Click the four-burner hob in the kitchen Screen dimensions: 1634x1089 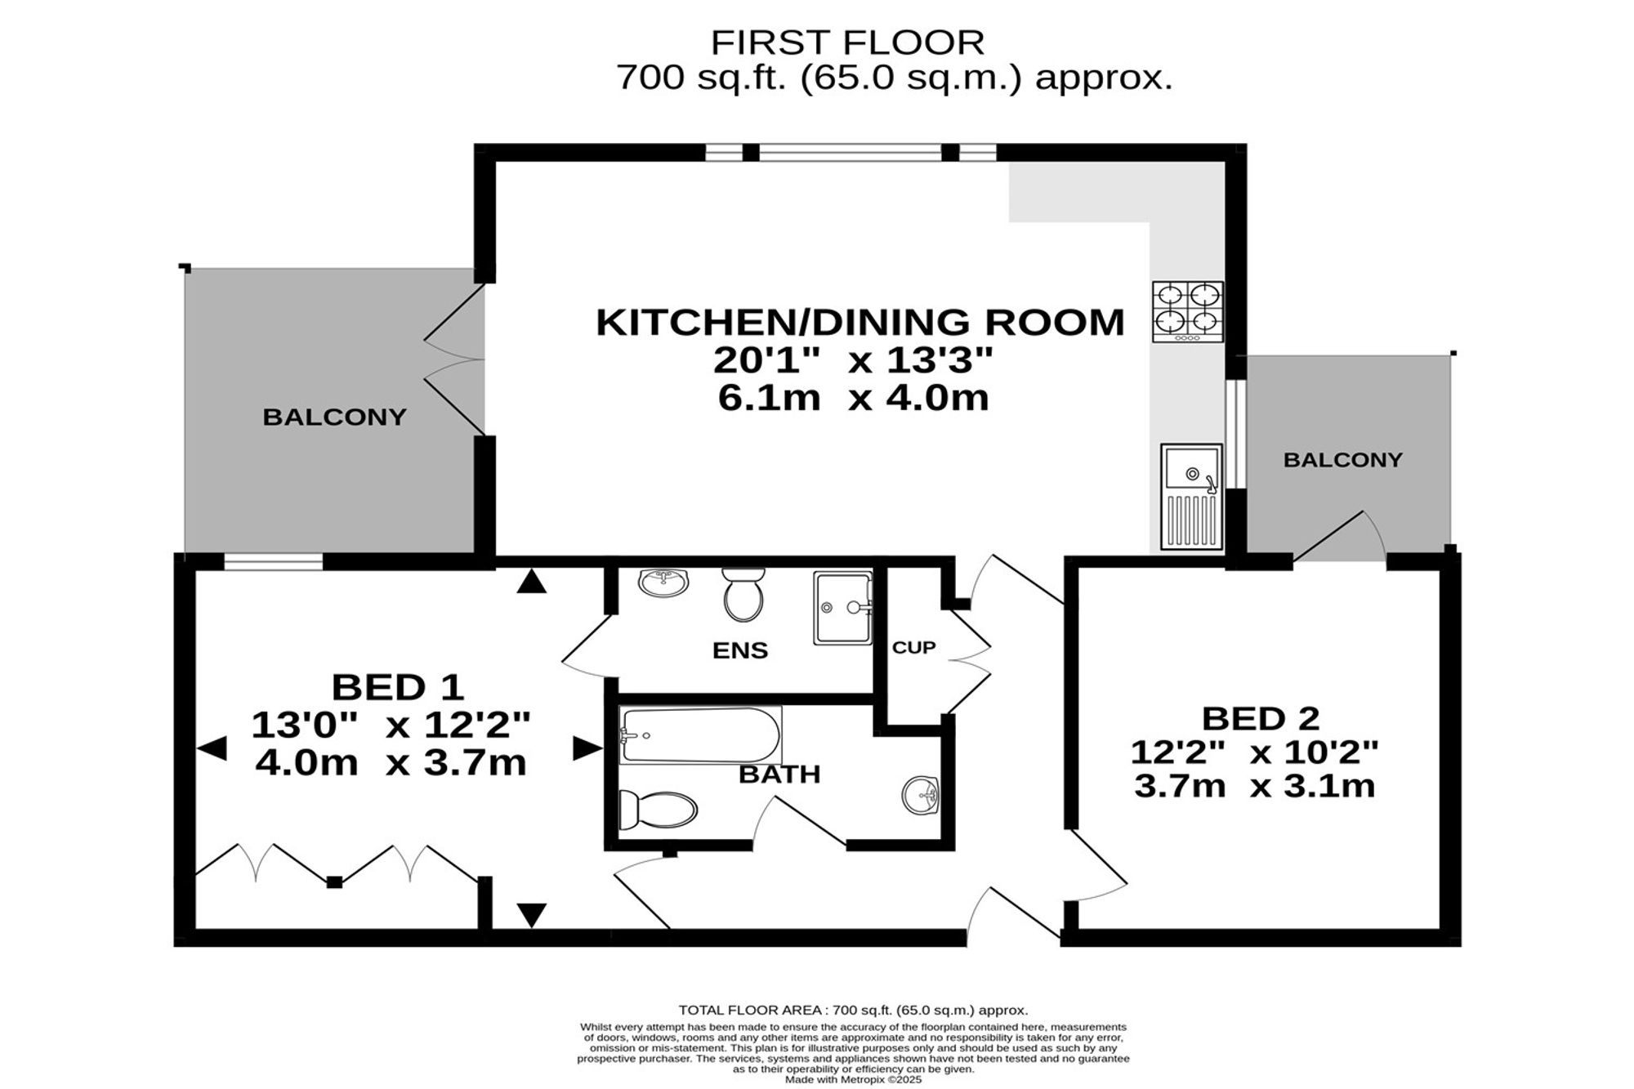1188,311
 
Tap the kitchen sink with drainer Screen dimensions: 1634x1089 1191,496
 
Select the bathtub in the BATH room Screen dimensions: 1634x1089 700,734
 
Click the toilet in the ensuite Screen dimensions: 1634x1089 743,595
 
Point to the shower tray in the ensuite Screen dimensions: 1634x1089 842,608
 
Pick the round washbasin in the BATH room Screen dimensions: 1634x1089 922,794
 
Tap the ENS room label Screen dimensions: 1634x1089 740,650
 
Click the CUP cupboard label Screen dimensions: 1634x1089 913,648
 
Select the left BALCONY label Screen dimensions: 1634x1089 334,417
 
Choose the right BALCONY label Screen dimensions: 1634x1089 1342,460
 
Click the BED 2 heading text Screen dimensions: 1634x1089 1261,719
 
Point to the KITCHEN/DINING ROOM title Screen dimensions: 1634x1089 860,322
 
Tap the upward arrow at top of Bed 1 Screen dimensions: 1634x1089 532,580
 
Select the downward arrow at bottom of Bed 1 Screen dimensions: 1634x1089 532,915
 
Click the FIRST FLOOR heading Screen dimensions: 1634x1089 847,42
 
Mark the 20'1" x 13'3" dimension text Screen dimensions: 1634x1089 853,359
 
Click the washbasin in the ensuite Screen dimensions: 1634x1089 663,582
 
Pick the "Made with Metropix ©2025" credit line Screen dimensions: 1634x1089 853,1079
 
